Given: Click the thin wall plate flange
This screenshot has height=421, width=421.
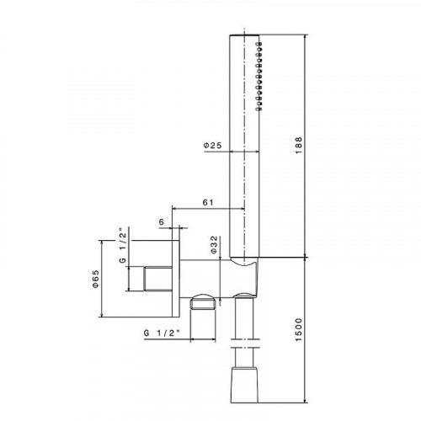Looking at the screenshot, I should pyautogui.click(x=175, y=278).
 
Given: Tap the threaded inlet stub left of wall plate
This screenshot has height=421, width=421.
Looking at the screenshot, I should pyautogui.click(x=152, y=278).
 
